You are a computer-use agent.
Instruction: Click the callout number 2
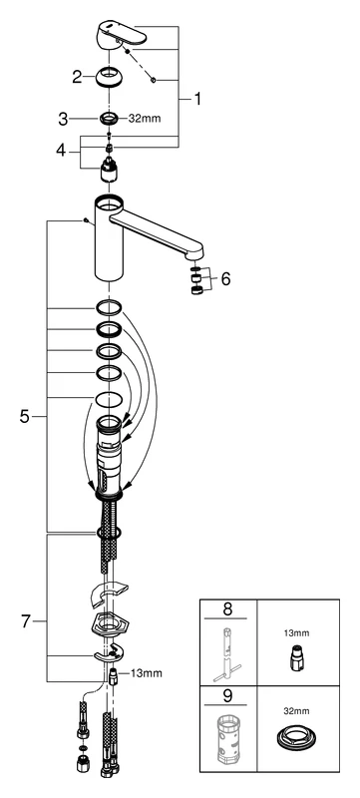76,75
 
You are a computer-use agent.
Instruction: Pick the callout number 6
224,279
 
